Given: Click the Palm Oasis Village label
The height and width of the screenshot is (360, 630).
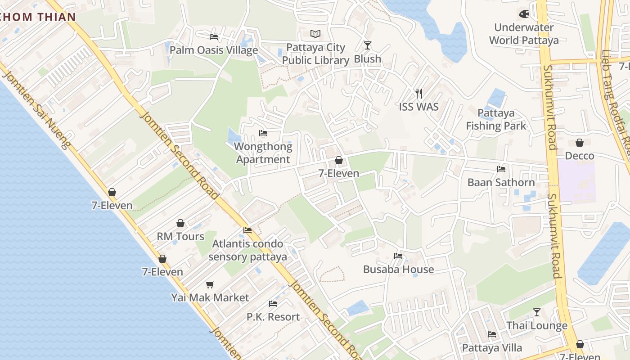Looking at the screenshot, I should coord(214,50).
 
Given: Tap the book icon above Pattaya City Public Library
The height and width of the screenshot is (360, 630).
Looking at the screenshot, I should coord(316,34).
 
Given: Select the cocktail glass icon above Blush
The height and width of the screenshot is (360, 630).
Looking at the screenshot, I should coord(368,45).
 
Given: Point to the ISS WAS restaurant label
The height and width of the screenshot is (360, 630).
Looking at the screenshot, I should coord(418,107).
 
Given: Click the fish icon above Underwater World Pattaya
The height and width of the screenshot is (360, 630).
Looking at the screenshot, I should coord(524,14).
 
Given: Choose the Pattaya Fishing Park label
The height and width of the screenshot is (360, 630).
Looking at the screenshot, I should coord(496,119).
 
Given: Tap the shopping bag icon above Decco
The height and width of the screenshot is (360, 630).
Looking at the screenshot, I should coord(580,143).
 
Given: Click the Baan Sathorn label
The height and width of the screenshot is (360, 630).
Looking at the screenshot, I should coord(501,182).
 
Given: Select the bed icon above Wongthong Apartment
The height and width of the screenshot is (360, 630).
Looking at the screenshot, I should coord(263,133).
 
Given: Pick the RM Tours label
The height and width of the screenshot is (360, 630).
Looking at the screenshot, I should coord(180,236).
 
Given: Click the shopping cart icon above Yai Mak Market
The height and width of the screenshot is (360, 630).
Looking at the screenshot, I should coord(210,284).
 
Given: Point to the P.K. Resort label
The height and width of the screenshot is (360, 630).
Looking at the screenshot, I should coord(273,317).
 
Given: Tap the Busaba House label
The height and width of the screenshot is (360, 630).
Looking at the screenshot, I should coord(399,269).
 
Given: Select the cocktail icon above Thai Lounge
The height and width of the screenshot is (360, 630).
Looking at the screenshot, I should coord(537,312).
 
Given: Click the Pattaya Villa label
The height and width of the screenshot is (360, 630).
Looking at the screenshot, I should coord(492,348).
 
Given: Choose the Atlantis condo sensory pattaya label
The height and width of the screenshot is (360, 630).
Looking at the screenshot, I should coord(248,250).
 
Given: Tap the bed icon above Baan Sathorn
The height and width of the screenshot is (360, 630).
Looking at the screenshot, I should coord(501,169).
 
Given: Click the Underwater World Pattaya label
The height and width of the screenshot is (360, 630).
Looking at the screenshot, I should coord(524,34).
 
